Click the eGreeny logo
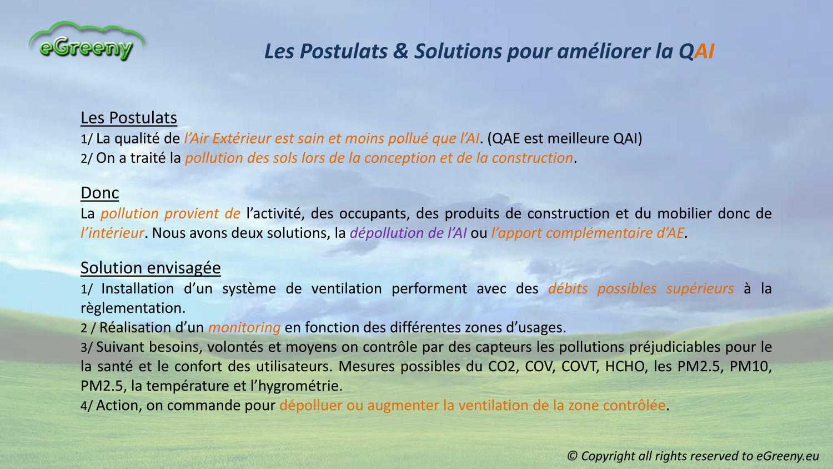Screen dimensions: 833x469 click(x=86, y=42)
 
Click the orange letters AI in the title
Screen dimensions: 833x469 click(x=704, y=51)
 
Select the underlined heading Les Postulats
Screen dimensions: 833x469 click(x=129, y=118)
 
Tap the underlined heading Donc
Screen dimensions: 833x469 click(x=99, y=193)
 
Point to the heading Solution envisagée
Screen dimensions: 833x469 click(x=150, y=268)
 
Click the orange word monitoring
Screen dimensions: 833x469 click(x=244, y=328)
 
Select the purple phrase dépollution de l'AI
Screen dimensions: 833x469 click(x=408, y=233)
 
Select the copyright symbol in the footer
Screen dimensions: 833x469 click(x=573, y=456)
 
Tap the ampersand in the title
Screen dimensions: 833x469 click(x=400, y=51)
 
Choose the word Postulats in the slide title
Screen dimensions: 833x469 click(x=344, y=51)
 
